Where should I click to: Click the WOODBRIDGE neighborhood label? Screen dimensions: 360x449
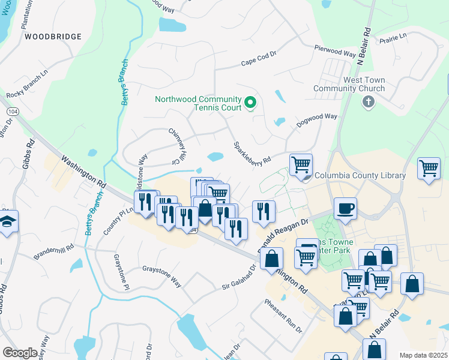click(x=53, y=37)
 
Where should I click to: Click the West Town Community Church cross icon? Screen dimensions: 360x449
click(x=369, y=102)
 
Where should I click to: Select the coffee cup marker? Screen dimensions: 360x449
click(x=345, y=209)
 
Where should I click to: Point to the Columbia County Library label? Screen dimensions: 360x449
click(x=359, y=176)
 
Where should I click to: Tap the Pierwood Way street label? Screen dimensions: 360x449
click(x=336, y=50)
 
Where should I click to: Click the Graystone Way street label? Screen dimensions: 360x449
click(x=161, y=275)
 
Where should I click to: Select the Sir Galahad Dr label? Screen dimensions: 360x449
click(x=239, y=277)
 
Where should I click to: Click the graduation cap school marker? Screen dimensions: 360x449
click(x=7, y=221)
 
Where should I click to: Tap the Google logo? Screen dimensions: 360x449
click(x=20, y=353)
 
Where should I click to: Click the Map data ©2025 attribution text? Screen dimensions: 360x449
click(x=423, y=355)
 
